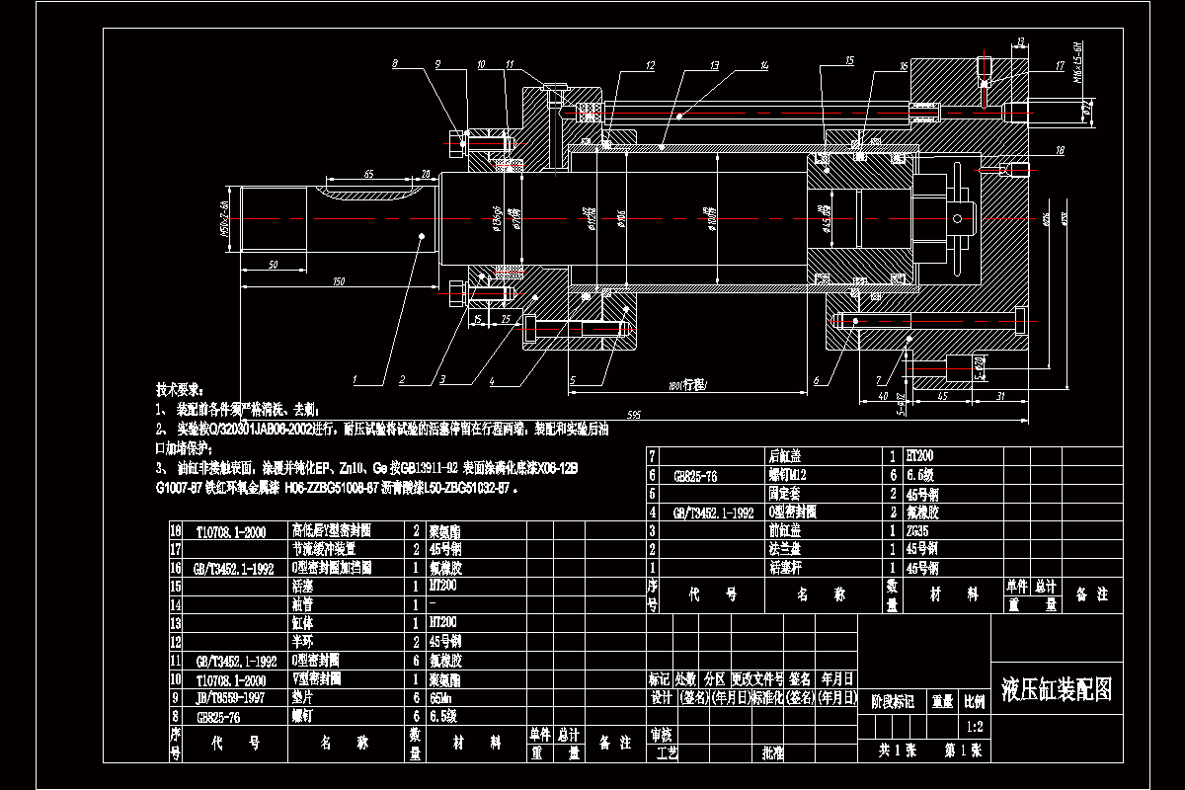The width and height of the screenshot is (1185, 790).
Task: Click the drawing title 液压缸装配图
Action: [1057, 689]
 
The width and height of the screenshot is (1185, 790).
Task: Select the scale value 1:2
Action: [975, 726]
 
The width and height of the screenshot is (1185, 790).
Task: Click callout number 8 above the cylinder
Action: [395, 64]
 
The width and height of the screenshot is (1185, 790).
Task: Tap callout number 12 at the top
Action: [649, 65]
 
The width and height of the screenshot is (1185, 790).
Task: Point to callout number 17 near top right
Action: [1060, 66]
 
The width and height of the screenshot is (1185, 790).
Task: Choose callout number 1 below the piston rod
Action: [354, 379]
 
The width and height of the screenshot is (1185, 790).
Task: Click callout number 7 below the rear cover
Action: [878, 380]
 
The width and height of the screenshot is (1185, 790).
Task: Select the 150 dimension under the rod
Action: [339, 283]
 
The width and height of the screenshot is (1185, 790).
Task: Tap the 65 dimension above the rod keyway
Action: [368, 174]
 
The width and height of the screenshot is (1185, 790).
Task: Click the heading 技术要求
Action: [179, 389]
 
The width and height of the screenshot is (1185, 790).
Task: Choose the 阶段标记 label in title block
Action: [892, 701]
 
